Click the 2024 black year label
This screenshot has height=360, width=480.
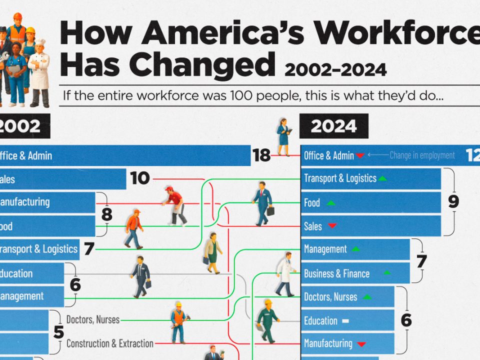pos(333,126)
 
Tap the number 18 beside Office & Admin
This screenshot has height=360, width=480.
pos(261,155)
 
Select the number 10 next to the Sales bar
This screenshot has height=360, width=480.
pos(140,178)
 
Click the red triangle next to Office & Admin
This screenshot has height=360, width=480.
pos(360,156)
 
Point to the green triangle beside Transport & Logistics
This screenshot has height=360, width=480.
pos(382,178)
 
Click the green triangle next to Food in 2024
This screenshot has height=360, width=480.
pos(330,203)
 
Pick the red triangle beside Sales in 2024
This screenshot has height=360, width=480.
pos(332,226)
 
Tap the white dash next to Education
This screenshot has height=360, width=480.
pos(345,321)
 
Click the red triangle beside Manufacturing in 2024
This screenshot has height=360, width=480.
pos(361,344)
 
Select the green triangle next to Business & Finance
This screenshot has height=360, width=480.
pos(386,273)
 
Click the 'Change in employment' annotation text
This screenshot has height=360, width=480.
pos(422,155)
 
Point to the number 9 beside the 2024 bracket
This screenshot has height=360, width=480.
pos(453,201)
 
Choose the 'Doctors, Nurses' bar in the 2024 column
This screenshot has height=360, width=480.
pos(347,297)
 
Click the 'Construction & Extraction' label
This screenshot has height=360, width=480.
pos(109,343)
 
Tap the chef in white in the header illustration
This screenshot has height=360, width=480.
pos(39,72)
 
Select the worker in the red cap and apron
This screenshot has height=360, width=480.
pos(174,205)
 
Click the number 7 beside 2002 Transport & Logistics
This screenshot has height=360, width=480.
pos(89,249)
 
